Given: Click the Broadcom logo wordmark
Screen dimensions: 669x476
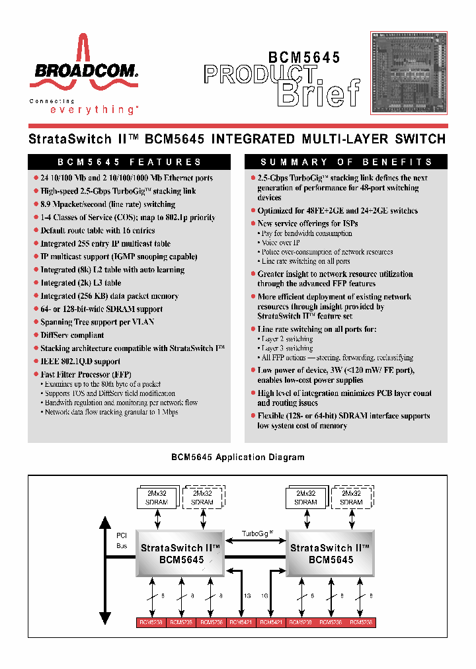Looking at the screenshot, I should point(83,70).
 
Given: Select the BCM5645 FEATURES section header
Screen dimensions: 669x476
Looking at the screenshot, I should point(129,162).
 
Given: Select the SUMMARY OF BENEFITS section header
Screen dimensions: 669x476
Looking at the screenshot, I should point(346,162).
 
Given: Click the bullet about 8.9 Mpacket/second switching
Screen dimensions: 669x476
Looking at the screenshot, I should point(108,204).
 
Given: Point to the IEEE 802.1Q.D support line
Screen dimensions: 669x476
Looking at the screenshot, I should point(80,362).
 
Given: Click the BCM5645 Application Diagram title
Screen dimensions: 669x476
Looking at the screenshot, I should point(238,457).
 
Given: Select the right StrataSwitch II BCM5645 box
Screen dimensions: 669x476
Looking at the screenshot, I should point(331,553).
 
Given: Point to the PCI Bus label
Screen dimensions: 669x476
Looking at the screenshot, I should point(122,541).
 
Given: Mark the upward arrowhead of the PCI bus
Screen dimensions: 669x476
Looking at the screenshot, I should point(105,522).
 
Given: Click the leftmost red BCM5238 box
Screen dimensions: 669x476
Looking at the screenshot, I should point(151,622).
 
